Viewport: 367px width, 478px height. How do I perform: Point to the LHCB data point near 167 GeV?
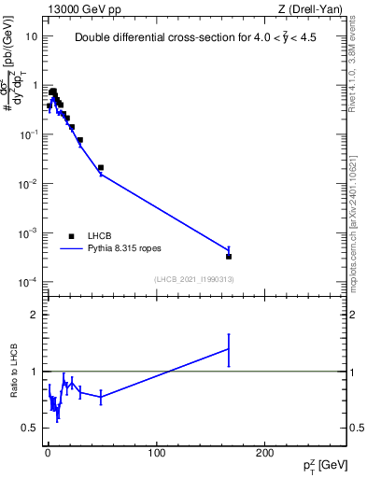(x=229, y=256)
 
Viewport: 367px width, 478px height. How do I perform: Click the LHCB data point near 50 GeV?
(x=101, y=168)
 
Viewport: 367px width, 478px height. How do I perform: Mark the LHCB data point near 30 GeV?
(x=80, y=140)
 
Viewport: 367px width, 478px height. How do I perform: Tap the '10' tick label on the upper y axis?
(x=30, y=36)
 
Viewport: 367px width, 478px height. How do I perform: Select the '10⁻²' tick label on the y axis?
(x=29, y=184)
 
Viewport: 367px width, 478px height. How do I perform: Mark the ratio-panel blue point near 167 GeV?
(x=229, y=349)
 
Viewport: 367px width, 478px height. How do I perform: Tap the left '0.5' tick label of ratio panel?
(x=30, y=428)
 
